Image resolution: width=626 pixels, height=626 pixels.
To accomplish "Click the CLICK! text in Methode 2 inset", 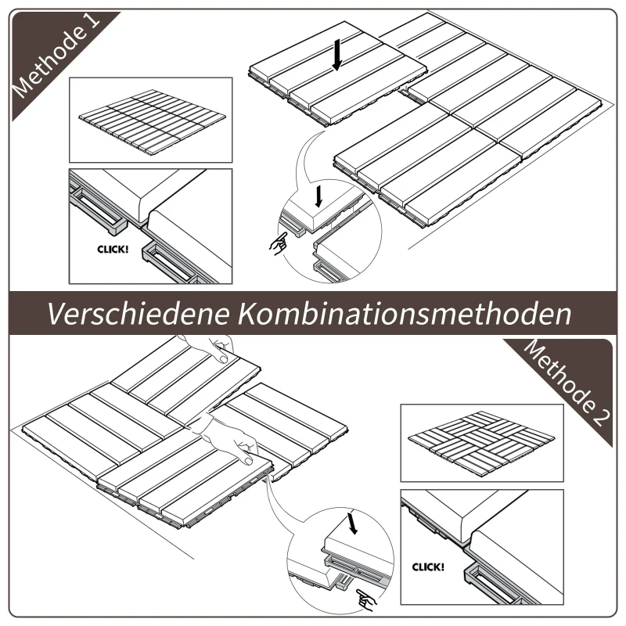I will click(427, 565).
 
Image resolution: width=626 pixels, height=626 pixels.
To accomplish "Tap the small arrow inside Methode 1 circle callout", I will click(317, 192).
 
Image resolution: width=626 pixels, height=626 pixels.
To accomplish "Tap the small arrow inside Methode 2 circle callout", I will click(353, 522).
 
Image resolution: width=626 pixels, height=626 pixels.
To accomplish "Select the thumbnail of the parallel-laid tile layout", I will click(150, 120).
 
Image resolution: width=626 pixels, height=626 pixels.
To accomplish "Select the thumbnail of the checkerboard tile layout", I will click(481, 442).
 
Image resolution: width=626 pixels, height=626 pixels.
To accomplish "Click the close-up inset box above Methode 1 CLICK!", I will click(150, 225).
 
